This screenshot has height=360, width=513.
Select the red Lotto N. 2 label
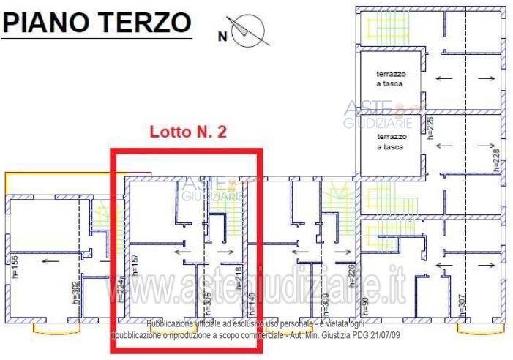tap(188, 132)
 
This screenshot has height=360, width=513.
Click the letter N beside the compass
tap(223, 34)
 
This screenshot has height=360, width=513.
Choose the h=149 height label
tap(252, 299)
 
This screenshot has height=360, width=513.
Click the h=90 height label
tap(365, 301)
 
